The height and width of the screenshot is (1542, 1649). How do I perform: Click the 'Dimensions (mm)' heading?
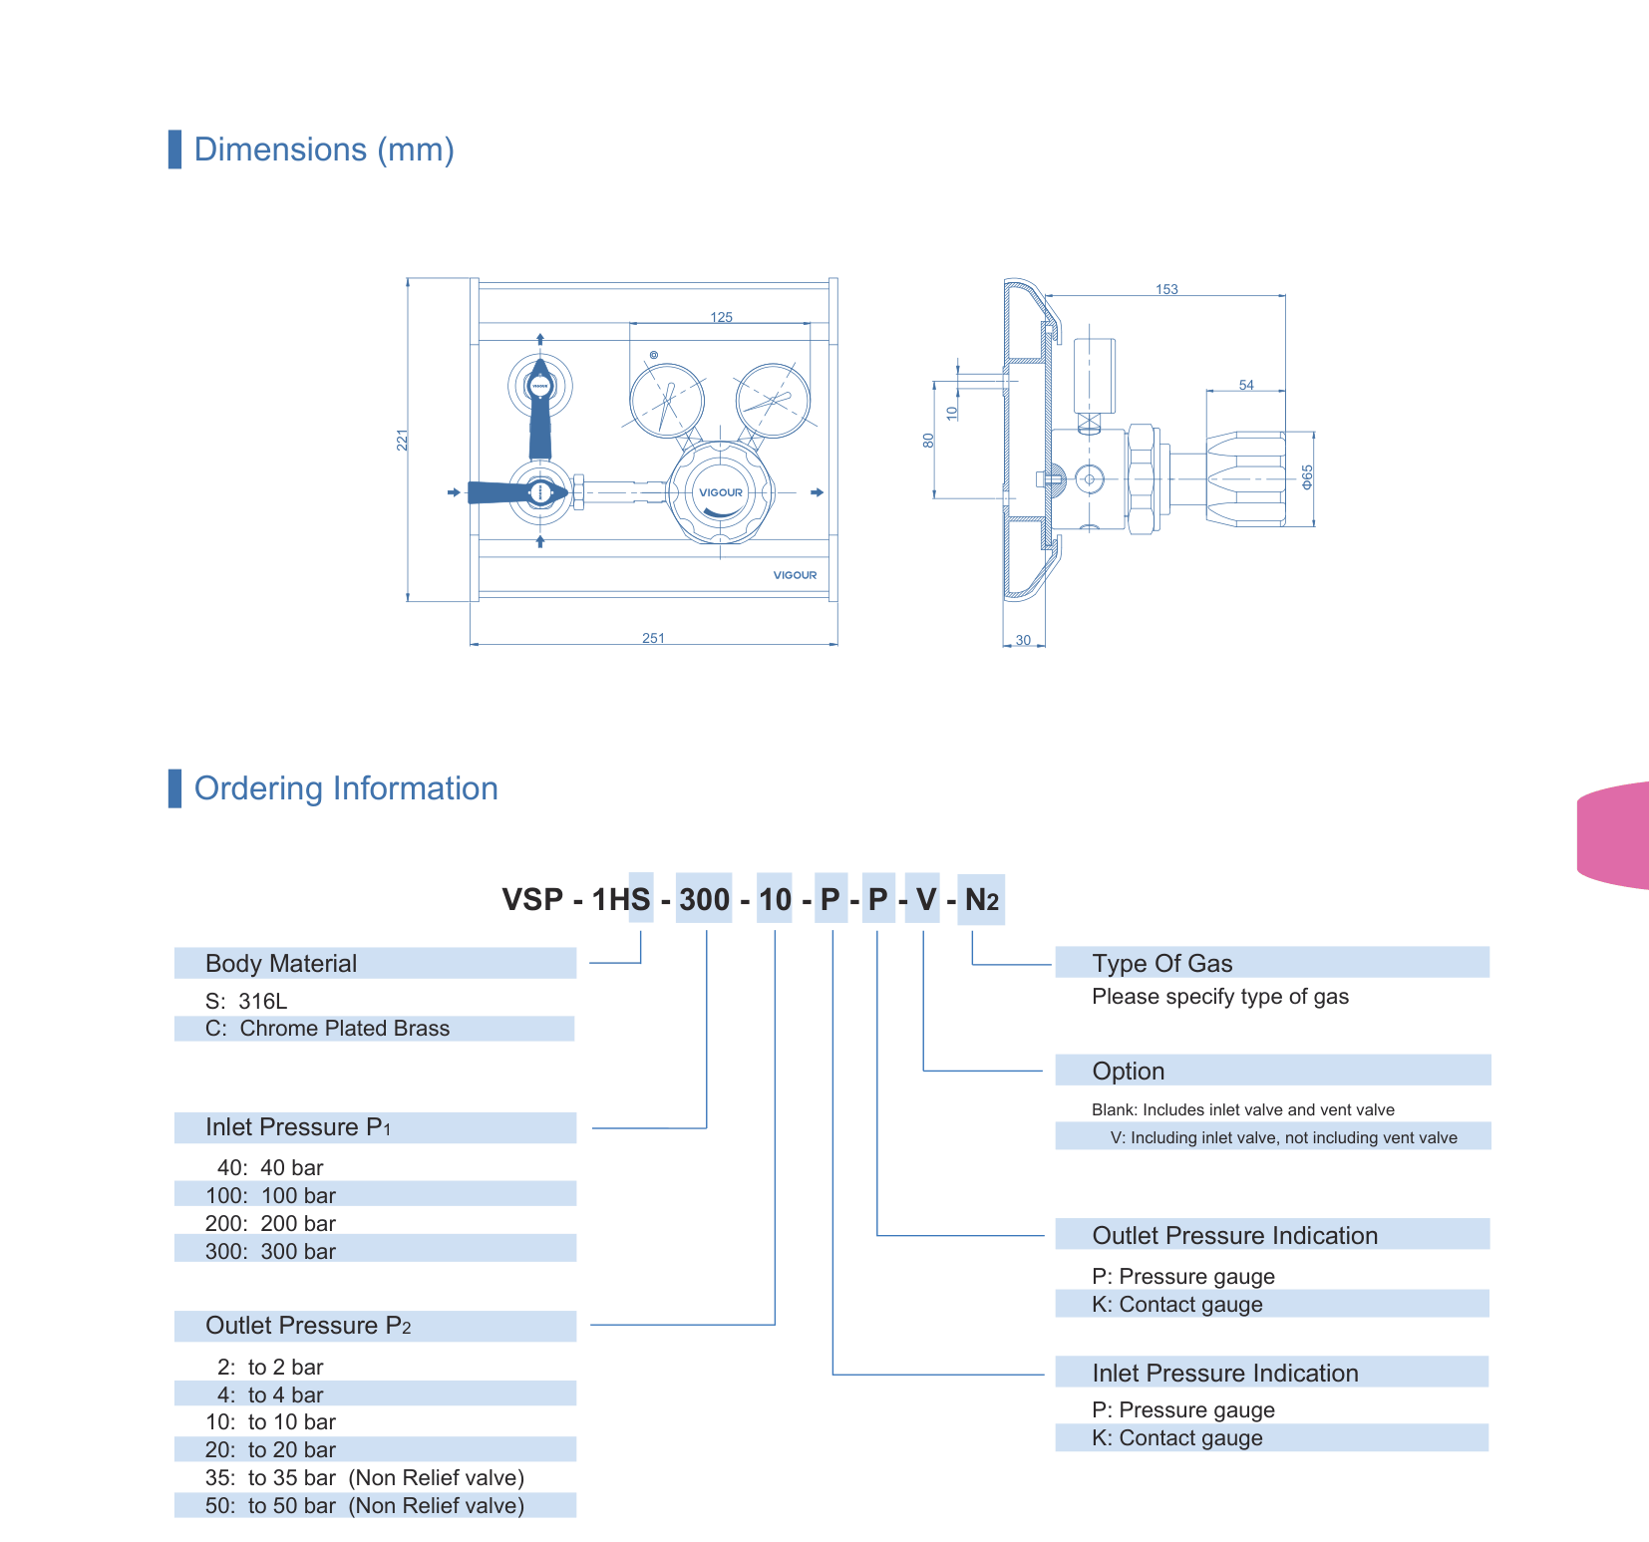[324, 150]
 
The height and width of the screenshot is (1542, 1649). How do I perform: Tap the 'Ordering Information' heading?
[346, 788]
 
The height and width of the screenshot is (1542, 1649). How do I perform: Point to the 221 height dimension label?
[403, 440]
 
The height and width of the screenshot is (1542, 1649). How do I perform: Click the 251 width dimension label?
[653, 638]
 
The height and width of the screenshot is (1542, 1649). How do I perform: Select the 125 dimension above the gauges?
[721, 317]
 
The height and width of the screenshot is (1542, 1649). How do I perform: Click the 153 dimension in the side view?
[1166, 289]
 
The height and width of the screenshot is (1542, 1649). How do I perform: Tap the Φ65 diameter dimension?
[1307, 476]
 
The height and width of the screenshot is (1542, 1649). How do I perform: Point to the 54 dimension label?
[1246, 385]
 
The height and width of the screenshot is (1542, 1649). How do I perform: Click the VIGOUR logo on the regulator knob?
[721, 492]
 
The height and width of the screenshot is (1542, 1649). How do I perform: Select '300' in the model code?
[704, 899]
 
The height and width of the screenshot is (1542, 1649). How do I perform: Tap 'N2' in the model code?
[982, 900]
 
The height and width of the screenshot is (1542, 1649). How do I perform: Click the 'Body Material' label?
[281, 964]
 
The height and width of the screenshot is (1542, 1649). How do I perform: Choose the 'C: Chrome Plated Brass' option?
[327, 1029]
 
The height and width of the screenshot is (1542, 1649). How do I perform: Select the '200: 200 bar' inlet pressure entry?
[270, 1223]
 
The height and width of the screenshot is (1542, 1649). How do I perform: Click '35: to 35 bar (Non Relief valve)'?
[365, 1477]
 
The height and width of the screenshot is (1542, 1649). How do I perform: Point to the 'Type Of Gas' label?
[1162, 964]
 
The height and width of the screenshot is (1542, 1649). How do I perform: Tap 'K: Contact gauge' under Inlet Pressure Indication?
[1177, 1438]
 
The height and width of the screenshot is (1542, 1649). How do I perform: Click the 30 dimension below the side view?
[1023, 640]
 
